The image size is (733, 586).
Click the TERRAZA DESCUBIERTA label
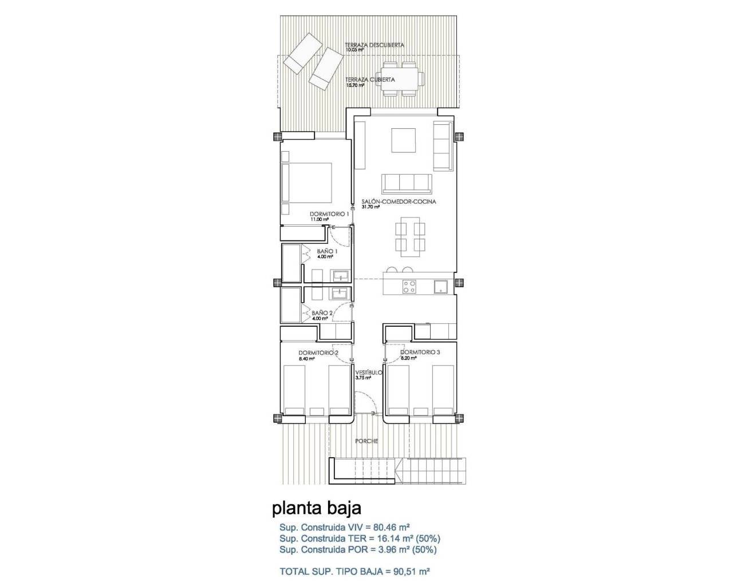[375, 45]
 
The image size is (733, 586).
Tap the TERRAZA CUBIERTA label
[370, 80]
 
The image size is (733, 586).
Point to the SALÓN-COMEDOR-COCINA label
[399, 201]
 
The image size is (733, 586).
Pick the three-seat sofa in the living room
[407, 183]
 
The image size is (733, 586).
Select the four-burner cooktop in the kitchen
[409, 286]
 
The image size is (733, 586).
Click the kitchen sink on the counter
[440, 287]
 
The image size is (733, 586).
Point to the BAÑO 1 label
[328, 251]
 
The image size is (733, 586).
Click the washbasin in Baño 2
[340, 294]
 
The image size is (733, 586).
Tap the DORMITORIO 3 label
[420, 353]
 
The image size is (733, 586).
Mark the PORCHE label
[366, 441]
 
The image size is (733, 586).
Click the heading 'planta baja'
[316, 508]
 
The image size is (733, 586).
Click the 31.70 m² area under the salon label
[371, 207]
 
